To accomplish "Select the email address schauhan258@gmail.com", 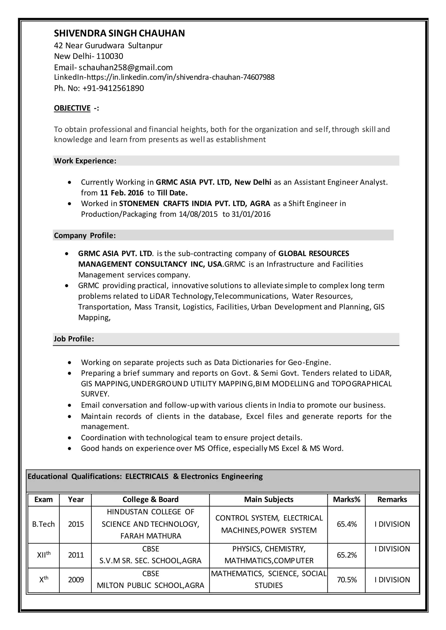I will coord(125,67).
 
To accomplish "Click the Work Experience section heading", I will coord(85,161).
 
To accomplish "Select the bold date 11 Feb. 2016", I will coord(122,193).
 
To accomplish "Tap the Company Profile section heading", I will coord(84,235).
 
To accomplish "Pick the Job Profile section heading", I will coord(74,339).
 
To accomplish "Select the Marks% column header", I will coord(346,499).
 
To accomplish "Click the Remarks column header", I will coord(392,499).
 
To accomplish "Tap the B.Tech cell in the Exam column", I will coord(43,524).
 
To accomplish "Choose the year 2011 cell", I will coord(76,555).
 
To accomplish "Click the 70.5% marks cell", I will coord(346,580).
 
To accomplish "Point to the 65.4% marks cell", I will coord(346,524).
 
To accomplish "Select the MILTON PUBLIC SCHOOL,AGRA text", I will coord(150,585).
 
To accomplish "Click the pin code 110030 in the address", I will coord(110,56).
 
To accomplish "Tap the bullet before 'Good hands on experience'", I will coord(70,448).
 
